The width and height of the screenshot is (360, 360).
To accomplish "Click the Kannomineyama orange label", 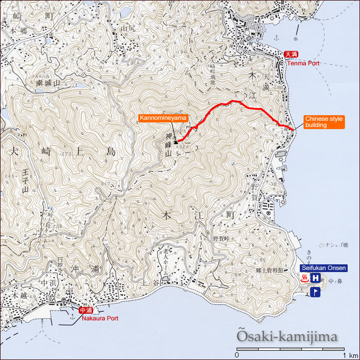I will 163,118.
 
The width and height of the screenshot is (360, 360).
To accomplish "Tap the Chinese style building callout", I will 323,122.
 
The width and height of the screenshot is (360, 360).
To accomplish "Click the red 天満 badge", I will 292,55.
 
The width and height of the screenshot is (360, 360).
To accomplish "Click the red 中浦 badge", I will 86,310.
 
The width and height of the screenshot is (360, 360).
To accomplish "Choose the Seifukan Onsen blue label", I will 323,268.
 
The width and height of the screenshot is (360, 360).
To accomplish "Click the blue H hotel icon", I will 316,278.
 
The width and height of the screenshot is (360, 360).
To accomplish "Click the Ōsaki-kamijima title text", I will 287,337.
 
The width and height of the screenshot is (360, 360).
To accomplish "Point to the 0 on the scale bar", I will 237,355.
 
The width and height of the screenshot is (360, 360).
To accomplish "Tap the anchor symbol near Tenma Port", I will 276,38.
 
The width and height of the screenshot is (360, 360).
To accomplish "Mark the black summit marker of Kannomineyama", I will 175,142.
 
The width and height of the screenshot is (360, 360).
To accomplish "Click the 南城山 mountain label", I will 48,82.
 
